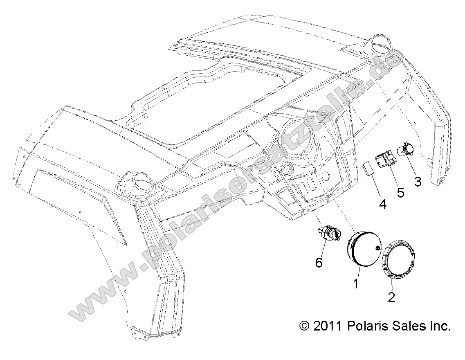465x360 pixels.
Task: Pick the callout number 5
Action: coord(400,192)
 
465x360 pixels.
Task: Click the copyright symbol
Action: coord(305,326)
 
